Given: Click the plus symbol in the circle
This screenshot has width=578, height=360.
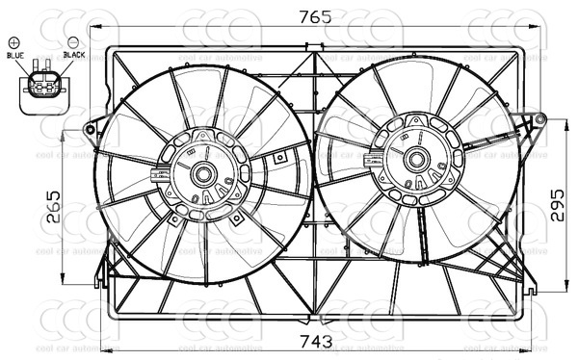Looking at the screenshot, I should (x=14, y=42).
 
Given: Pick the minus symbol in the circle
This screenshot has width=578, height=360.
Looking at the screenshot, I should (x=73, y=42).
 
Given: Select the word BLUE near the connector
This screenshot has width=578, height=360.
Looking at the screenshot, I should (x=14, y=56).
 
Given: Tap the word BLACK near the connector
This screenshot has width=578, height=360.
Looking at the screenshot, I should (x=74, y=56).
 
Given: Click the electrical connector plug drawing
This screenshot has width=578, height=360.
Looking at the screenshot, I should (x=41, y=87).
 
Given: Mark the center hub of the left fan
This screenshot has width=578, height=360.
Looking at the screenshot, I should (x=204, y=174).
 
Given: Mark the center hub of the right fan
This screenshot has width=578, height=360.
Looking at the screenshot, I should (x=416, y=160).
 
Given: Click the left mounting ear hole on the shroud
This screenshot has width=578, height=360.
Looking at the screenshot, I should (x=90, y=129).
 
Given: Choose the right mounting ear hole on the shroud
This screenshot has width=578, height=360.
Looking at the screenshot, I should (x=539, y=119).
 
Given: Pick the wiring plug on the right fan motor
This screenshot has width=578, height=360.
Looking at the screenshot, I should (x=373, y=161).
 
